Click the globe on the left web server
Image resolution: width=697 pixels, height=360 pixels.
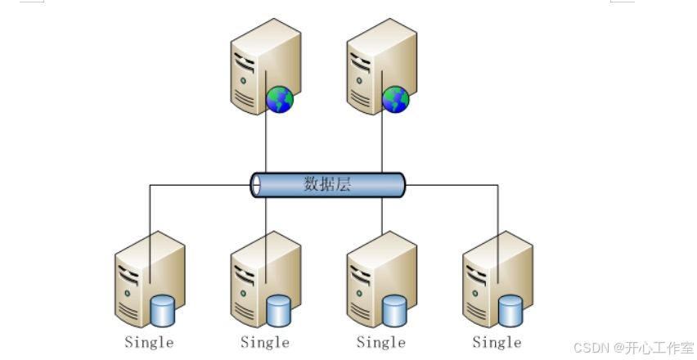[x=279, y=99]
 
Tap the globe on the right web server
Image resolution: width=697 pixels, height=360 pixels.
[x=395, y=99]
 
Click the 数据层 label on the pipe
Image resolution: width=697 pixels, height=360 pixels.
[x=327, y=184]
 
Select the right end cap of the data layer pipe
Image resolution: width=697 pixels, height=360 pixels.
[x=400, y=185]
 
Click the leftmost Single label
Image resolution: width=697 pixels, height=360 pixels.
[x=150, y=341]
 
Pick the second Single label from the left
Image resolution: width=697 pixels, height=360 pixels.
[x=266, y=341]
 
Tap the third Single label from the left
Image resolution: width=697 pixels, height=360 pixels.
[x=382, y=341]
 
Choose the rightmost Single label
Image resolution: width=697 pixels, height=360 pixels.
[x=497, y=341]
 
